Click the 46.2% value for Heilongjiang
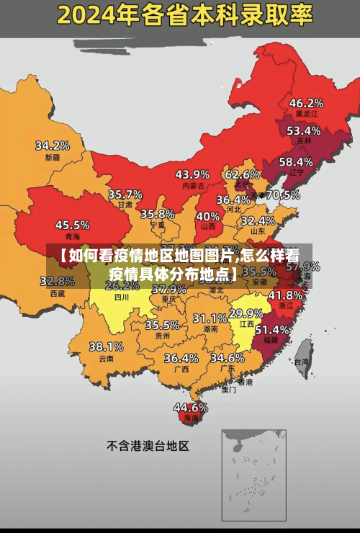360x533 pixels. coord(306,103)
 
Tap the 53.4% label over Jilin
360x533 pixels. coord(303,131)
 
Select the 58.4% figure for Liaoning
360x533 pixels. coord(296,162)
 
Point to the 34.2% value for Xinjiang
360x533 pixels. coord(53,145)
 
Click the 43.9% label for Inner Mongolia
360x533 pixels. coord(192,174)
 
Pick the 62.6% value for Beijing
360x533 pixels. coord(242,174)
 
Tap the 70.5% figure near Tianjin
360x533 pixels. coord(282,194)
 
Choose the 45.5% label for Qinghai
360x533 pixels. coord(73,225)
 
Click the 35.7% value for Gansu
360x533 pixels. coord(125,194)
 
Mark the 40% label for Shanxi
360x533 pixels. coord(208,215)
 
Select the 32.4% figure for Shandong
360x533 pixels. coord(258,220)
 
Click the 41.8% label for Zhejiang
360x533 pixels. coord(285,295)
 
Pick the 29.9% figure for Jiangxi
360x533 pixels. coord(246,313)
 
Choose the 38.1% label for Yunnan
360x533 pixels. coord(106,346)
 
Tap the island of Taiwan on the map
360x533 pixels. coord(302,349)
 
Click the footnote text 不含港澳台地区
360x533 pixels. coord(148,446)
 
